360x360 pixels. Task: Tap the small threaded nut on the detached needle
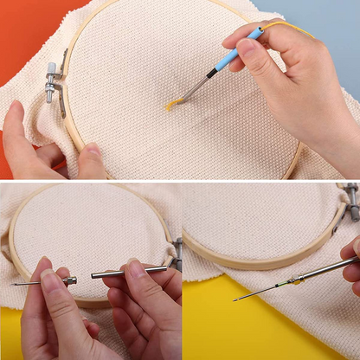coord(69,280)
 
